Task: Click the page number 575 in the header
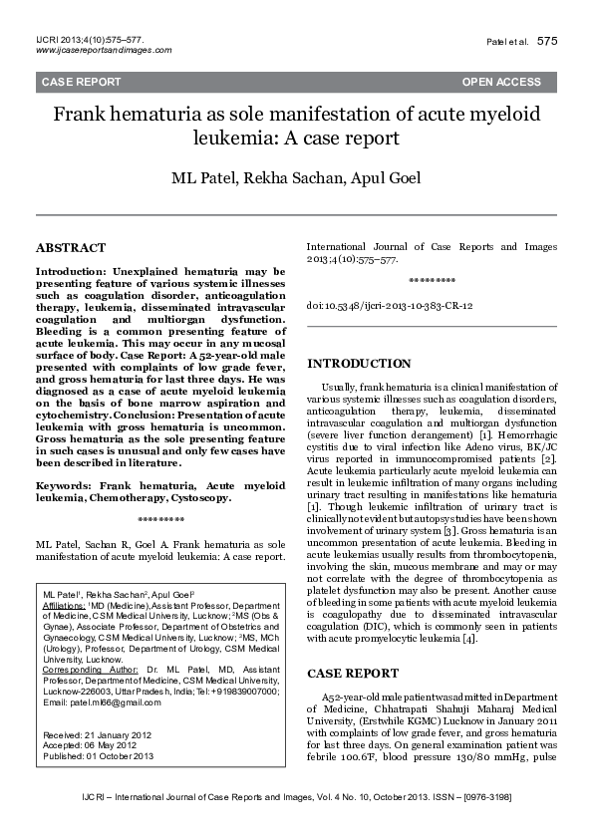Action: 547,41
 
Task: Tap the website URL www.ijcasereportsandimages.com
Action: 103,50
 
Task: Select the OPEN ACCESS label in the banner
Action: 501,82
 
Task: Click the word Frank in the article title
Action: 79,115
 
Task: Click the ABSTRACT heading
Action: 70,247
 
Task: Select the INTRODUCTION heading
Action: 359,364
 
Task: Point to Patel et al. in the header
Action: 508,42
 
